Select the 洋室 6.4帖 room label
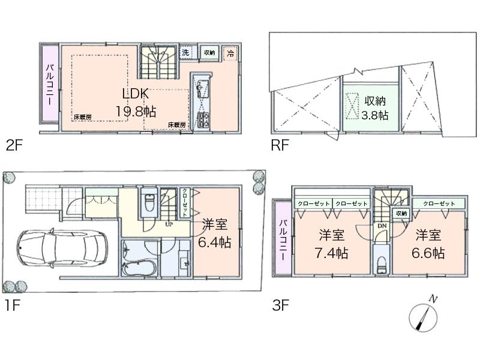pyautogui.click(x=214, y=233)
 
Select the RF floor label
pyautogui.click(x=280, y=144)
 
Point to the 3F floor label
pyautogui.click(x=280, y=305)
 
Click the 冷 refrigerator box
pyautogui.click(x=231, y=53)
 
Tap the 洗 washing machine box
pyautogui.click(x=185, y=53)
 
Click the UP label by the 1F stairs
pyautogui.click(x=170, y=226)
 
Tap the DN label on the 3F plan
pyautogui.click(x=381, y=226)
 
